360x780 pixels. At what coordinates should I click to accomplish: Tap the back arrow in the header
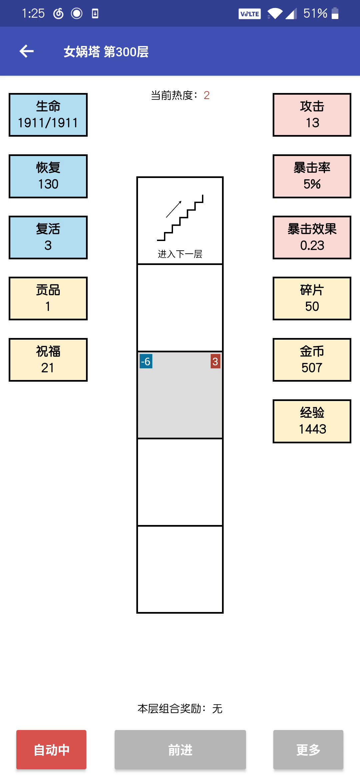coord(27,51)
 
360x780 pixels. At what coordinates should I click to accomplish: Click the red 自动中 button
coord(51,750)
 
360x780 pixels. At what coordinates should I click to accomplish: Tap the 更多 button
coord(308,750)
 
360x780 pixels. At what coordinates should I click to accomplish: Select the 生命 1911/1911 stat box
coord(48,115)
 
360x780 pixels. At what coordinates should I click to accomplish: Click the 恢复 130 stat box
coord(48,176)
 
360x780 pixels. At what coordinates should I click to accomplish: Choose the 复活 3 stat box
coord(48,237)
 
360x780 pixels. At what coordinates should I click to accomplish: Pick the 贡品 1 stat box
coord(48,298)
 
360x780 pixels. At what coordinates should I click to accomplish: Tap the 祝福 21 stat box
coord(48,360)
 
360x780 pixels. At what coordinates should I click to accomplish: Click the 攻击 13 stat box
coord(312,115)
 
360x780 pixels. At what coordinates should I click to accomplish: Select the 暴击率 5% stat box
coord(312,176)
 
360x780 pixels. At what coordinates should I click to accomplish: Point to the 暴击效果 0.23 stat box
coord(312,237)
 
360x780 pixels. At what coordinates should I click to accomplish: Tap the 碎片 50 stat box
coord(312,298)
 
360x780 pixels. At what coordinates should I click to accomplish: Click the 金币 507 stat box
coord(312,360)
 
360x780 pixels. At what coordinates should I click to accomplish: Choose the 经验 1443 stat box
coord(312,421)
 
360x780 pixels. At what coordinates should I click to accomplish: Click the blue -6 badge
coord(146,361)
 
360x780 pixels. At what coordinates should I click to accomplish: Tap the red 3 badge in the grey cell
coord(215,361)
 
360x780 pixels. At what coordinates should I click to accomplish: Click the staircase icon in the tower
coord(180,218)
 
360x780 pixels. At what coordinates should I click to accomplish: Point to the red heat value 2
coord(207,95)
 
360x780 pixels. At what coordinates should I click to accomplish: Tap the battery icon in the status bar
coord(335,13)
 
